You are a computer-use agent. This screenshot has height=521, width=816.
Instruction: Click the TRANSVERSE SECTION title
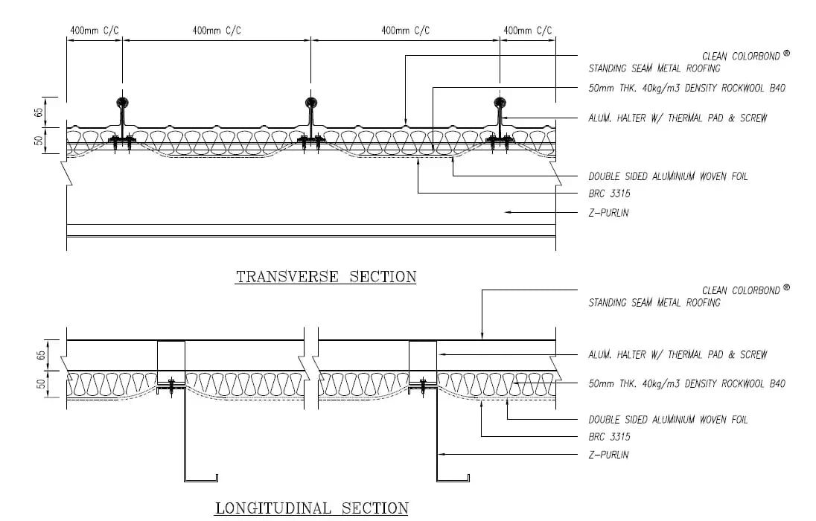(x=326, y=276)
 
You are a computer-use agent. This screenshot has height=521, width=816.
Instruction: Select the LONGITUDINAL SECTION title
(x=312, y=508)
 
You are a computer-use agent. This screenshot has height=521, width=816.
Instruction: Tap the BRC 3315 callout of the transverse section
(x=610, y=194)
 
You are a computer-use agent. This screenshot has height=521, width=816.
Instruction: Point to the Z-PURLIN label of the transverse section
(x=608, y=213)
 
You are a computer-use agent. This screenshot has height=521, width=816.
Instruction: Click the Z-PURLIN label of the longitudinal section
(x=608, y=455)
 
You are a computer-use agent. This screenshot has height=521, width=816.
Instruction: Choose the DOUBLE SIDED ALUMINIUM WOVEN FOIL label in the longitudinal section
(x=668, y=420)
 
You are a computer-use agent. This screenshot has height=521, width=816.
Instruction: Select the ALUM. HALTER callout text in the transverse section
(x=678, y=118)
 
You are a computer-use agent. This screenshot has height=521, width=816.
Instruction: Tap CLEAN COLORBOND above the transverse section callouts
(x=741, y=57)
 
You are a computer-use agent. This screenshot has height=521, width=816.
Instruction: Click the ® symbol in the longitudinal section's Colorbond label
(x=786, y=287)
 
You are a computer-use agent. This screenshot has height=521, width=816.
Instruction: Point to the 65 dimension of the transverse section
(x=39, y=112)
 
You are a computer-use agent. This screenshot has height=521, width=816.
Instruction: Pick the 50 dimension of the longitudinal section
(x=41, y=385)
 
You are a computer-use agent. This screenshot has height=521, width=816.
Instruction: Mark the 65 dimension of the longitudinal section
(x=41, y=356)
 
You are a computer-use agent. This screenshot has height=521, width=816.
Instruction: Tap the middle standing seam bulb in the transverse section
(x=311, y=102)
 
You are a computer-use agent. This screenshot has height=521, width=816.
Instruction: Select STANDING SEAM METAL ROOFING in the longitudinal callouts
(x=654, y=303)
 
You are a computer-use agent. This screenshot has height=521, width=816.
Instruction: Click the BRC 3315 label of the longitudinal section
(x=610, y=437)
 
